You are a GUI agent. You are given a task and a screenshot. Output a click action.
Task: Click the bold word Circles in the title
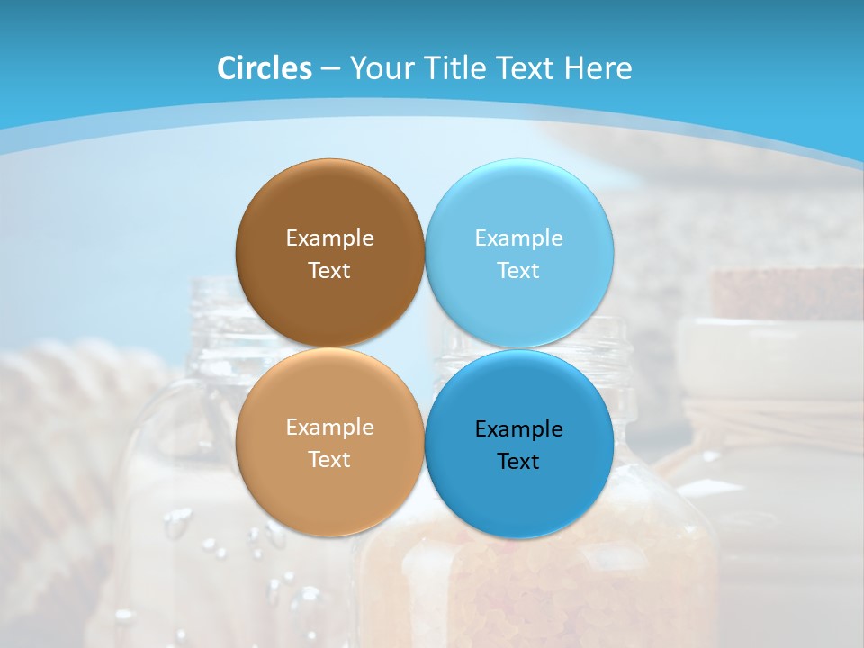(265, 68)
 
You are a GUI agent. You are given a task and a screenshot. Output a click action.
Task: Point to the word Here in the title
(598, 68)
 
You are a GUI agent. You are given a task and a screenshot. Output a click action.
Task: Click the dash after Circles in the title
(330, 69)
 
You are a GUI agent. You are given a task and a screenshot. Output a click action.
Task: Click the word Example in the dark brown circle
(329, 238)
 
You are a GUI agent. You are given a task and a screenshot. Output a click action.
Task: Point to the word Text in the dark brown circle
(329, 271)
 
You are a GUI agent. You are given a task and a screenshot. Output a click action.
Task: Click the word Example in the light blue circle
(519, 238)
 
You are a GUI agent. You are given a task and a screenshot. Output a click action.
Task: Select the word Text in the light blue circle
(519, 271)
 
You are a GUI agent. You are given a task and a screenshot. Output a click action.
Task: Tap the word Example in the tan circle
(329, 427)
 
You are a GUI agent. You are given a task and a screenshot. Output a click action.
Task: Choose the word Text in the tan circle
(329, 460)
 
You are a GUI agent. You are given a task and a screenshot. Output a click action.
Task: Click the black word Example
(519, 429)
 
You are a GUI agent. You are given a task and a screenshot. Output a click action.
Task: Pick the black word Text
(519, 462)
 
